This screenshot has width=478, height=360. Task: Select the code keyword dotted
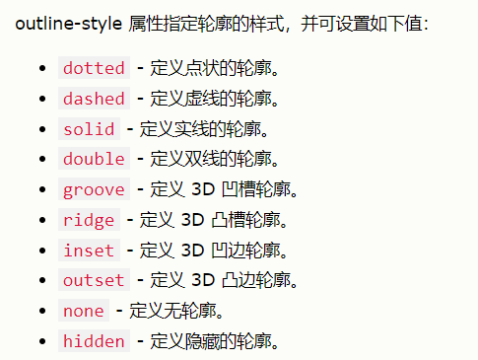[x=94, y=68]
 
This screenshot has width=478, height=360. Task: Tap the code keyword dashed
[x=94, y=99]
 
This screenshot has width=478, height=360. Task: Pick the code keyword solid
[x=89, y=129]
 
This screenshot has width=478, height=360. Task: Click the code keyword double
[x=94, y=159]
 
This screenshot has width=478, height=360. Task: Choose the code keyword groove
[x=94, y=189]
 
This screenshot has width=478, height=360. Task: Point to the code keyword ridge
[x=89, y=220]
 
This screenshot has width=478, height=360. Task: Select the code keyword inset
[x=89, y=251]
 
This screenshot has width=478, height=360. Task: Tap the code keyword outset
[x=94, y=280]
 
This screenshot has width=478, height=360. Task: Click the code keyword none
[x=84, y=311]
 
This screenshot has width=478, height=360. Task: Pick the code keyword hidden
[x=94, y=341]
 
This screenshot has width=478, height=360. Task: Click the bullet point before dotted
[x=41, y=69]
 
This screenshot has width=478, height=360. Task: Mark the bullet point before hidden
[x=41, y=342]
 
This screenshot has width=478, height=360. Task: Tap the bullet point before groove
[x=41, y=190]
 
